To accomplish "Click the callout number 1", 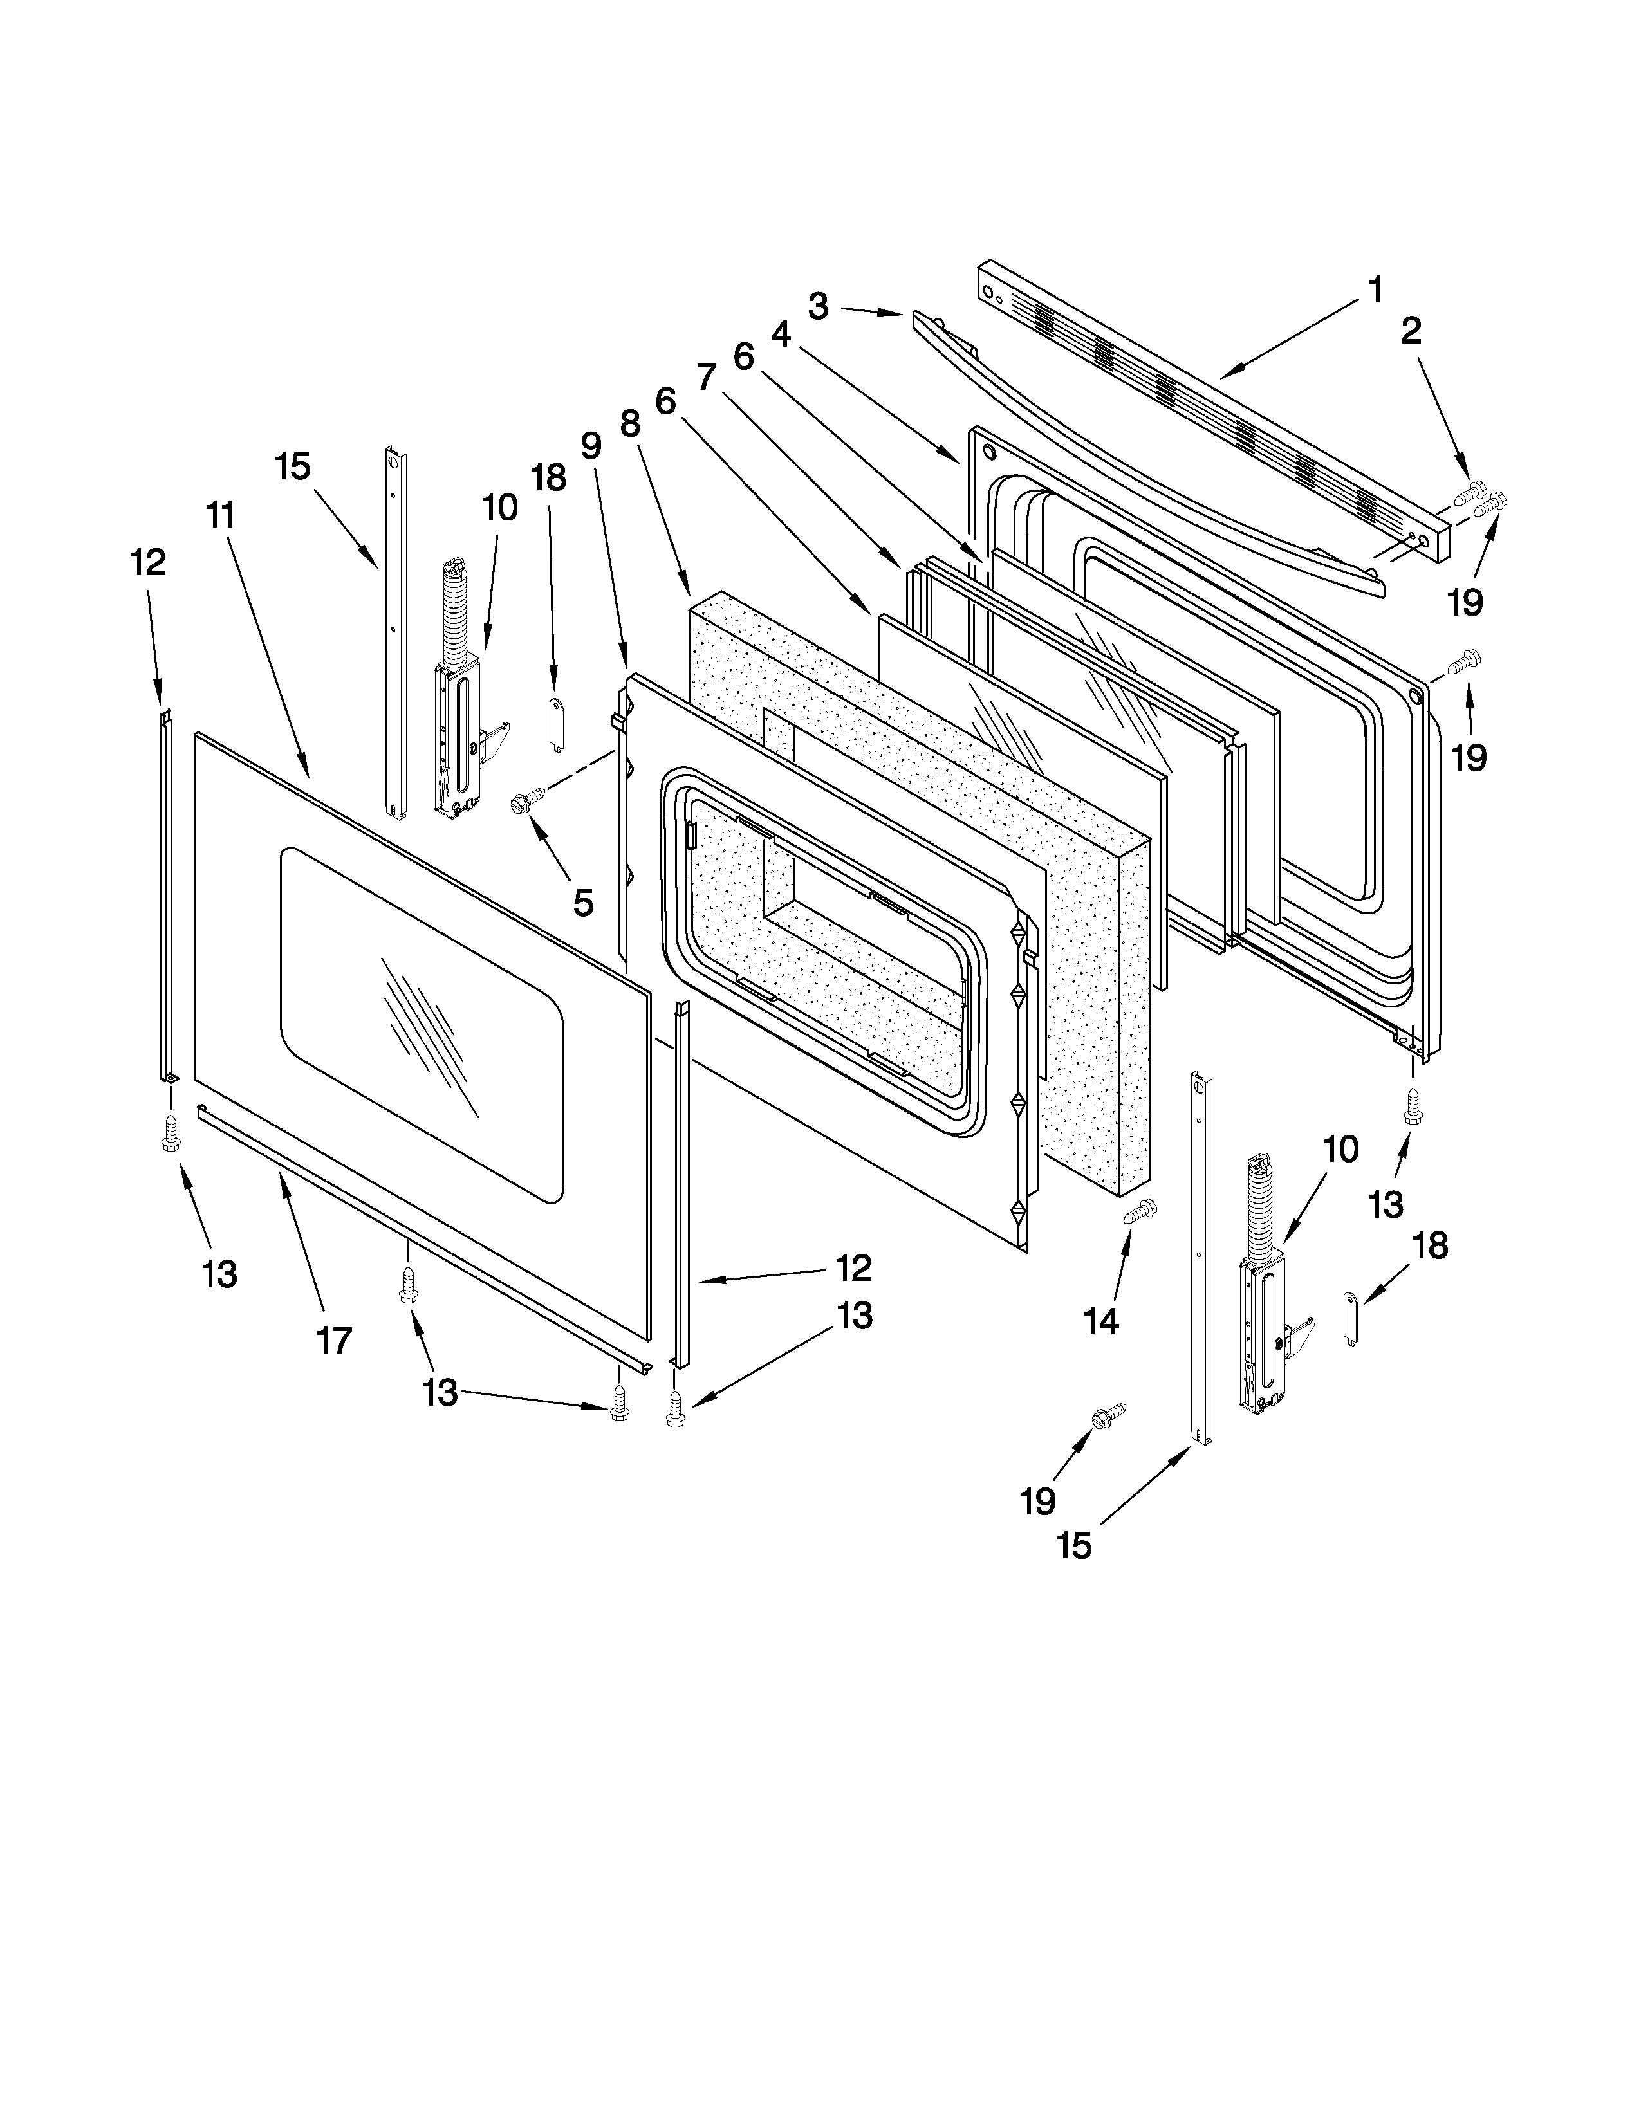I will click(1375, 289).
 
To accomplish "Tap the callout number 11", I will click(221, 515).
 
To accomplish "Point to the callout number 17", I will click(333, 1341).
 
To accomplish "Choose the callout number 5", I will click(582, 902).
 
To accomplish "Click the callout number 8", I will click(630, 424).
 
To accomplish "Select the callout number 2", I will click(1411, 331).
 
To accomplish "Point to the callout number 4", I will click(781, 335).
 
